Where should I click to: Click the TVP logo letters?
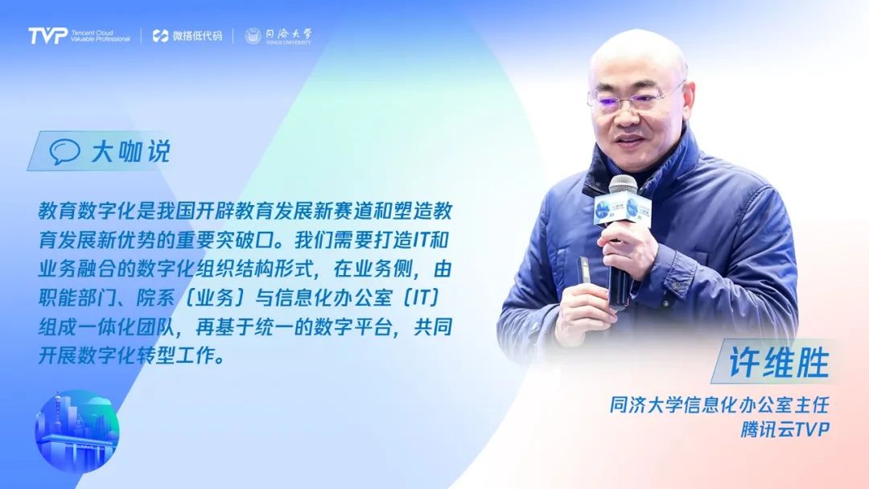[47, 36]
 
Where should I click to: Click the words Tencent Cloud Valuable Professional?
[100, 36]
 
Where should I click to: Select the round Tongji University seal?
[253, 36]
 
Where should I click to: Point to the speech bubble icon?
[65, 152]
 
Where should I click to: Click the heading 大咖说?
[130, 152]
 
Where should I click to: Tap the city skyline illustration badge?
[76, 430]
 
